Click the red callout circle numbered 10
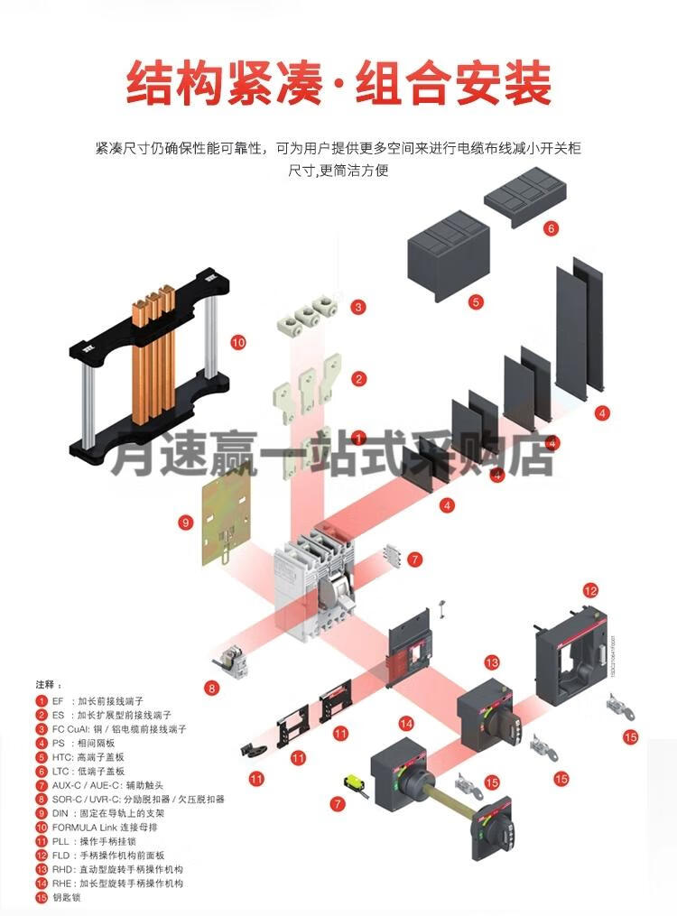[238, 342]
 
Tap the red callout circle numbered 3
[359, 307]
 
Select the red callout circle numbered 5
[476, 303]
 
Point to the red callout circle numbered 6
[551, 228]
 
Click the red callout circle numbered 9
[185, 522]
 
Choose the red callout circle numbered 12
[590, 591]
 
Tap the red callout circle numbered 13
[492, 663]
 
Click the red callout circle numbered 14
[406, 723]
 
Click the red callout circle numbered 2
[359, 379]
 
